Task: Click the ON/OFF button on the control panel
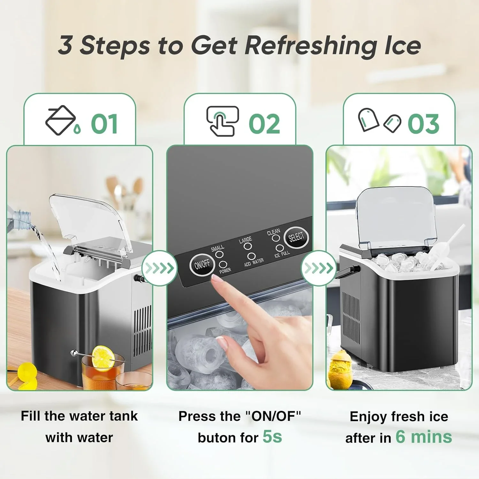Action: point(202,264)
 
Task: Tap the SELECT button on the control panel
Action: point(296,237)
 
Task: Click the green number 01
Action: point(104,124)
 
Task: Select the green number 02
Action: point(264,124)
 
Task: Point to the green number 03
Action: point(423,124)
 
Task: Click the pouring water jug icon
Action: point(62,120)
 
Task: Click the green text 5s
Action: point(272,436)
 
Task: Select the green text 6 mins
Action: point(424,437)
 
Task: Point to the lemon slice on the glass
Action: point(103,356)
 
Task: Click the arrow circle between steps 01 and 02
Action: point(159,268)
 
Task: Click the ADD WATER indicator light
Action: point(251,256)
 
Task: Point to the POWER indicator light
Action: point(223,264)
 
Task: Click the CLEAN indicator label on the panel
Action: point(273,232)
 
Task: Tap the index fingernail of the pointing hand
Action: point(217,280)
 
